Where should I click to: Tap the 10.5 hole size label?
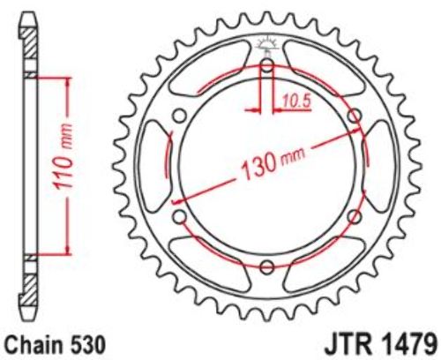(297, 101)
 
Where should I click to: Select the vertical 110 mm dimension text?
(63, 157)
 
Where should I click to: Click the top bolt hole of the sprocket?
(267, 65)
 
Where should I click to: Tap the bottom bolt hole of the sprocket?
(267, 267)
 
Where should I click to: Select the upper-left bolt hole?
(179, 116)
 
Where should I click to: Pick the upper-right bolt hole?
(355, 116)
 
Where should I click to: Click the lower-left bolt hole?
(179, 217)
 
